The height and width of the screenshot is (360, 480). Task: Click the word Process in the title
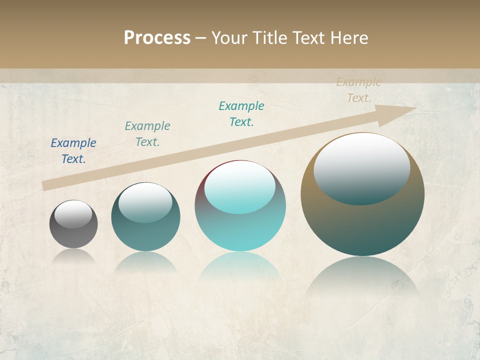(157, 37)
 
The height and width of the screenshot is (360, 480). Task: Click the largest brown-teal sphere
(362, 225)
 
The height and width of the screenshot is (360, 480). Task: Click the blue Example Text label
(73, 151)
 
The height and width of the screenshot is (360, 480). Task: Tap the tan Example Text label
(359, 90)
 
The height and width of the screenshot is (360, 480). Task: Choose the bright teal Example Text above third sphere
(241, 114)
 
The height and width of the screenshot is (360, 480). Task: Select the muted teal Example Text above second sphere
(147, 134)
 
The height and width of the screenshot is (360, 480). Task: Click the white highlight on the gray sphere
(73, 214)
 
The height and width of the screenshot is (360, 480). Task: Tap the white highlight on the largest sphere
(362, 169)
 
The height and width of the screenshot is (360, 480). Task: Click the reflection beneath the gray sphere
(73, 256)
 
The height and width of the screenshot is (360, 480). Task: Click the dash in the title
(200, 37)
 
